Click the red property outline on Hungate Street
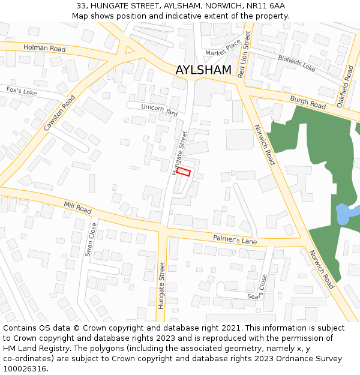[184, 172]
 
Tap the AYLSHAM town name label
[203, 70]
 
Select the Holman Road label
[44, 48]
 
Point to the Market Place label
[223, 49]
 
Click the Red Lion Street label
[242, 55]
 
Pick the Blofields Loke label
[296, 63]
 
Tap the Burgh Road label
[307, 102]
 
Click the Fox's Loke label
[22, 91]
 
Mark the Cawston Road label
[59, 113]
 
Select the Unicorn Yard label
[160, 110]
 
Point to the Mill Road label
[77, 208]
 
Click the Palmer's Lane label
[235, 240]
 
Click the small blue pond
[345, 213]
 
